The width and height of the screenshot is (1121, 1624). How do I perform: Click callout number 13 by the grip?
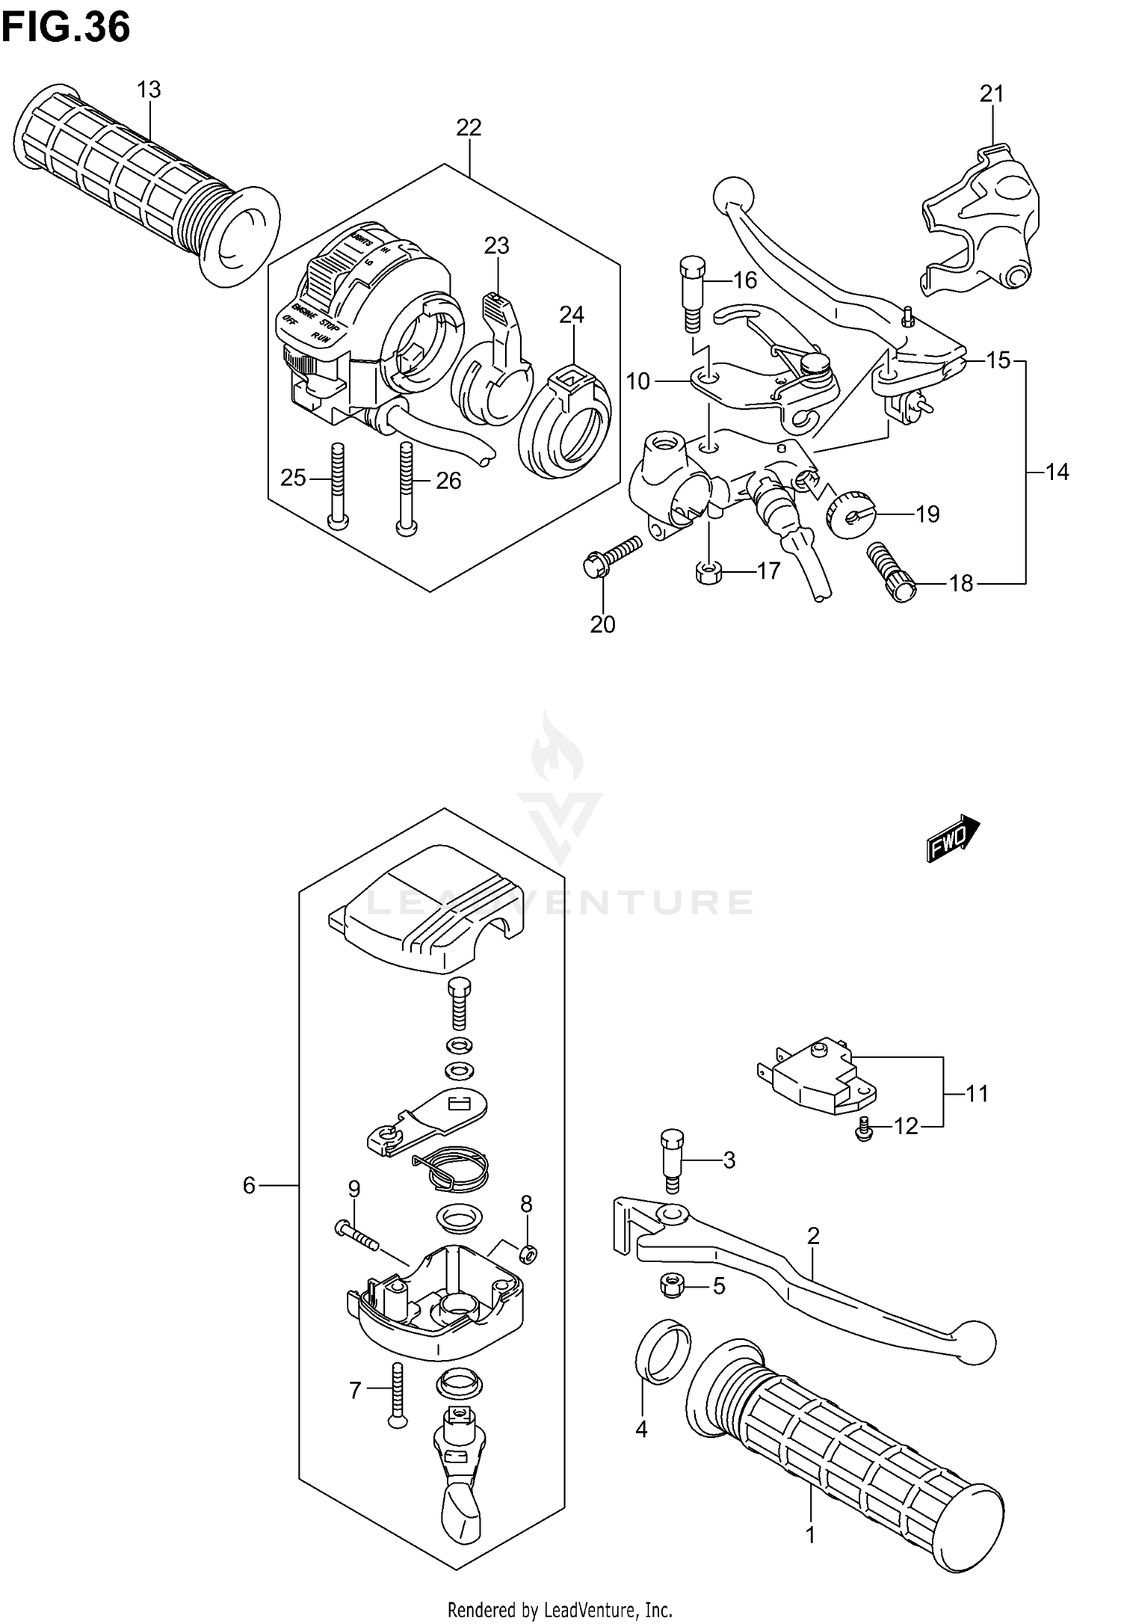pyautogui.click(x=149, y=90)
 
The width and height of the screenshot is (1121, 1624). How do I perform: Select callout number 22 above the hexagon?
pyautogui.click(x=469, y=128)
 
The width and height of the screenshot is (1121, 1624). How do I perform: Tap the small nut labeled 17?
pyautogui.click(x=707, y=573)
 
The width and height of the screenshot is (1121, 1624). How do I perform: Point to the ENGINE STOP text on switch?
pyautogui.click(x=314, y=319)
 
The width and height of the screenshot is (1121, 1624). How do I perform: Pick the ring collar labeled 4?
pyautogui.click(x=661, y=1352)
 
